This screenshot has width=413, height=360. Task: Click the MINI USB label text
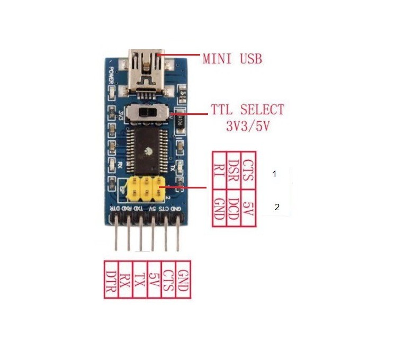coord(232,58)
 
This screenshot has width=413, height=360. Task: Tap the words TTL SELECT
coord(247,110)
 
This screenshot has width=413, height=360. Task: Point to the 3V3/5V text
coord(247,127)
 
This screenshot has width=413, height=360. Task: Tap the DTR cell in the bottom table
coord(111,279)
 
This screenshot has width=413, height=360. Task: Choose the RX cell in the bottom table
coord(125,279)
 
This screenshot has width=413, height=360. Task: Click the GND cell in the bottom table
coord(183,279)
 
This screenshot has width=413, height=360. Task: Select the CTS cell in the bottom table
coord(168,279)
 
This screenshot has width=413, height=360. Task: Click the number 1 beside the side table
coord(274,174)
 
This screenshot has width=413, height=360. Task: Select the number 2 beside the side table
coord(276,208)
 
